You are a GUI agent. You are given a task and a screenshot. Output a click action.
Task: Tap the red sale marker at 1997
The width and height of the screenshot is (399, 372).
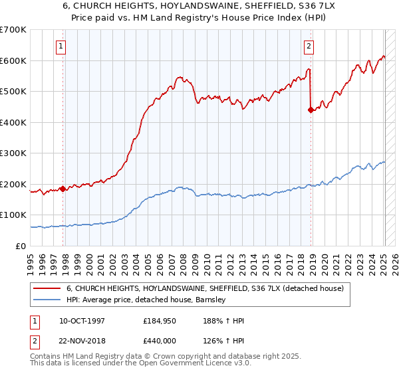63,189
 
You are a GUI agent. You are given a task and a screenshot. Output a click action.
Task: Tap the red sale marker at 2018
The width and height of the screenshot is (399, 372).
311,110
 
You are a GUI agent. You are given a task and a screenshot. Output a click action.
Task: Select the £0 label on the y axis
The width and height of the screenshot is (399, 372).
21,246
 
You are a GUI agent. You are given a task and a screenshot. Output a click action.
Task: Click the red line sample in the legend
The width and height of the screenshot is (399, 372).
47,288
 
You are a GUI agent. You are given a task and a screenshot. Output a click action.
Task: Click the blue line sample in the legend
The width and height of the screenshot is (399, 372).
47,300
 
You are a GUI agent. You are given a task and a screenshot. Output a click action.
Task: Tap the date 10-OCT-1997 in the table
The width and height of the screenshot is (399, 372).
77,321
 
